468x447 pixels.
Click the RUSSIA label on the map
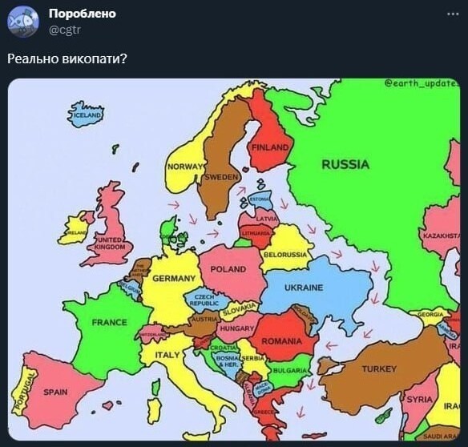click(x=345, y=165)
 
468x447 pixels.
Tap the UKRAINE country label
click(x=304, y=288)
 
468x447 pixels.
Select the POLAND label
click(x=228, y=270)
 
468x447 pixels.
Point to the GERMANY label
click(x=173, y=278)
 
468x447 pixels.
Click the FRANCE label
click(x=109, y=322)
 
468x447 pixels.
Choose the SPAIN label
click(x=54, y=392)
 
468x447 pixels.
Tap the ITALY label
click(x=167, y=355)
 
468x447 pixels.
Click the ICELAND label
click(x=87, y=115)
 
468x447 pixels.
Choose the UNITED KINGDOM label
click(x=108, y=244)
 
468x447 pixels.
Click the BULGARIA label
click(x=288, y=371)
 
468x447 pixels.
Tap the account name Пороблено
click(x=82, y=14)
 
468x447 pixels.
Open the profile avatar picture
click(x=23, y=22)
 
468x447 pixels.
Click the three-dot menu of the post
click(x=453, y=14)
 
